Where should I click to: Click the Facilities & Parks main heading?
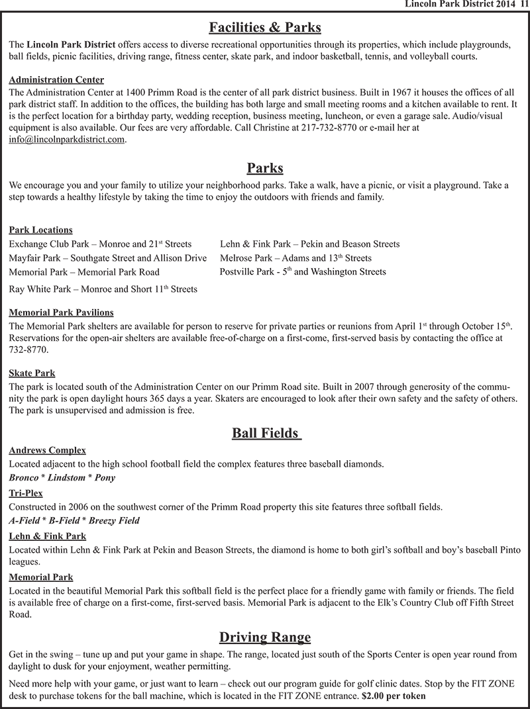265,28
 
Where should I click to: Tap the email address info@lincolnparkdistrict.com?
67,140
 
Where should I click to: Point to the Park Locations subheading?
40,230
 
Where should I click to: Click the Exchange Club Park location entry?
100,244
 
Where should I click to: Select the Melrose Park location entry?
295,258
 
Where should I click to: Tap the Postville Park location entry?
302,271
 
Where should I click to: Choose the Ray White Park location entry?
103,289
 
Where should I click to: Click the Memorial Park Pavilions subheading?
61,312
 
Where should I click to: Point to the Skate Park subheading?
32,373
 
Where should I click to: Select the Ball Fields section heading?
266,433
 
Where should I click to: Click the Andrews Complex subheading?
47,450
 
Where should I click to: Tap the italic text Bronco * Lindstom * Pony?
62,478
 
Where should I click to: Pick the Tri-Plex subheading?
26,493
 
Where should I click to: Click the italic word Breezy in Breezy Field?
103,520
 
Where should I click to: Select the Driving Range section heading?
265,638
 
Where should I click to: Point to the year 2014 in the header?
504,5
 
